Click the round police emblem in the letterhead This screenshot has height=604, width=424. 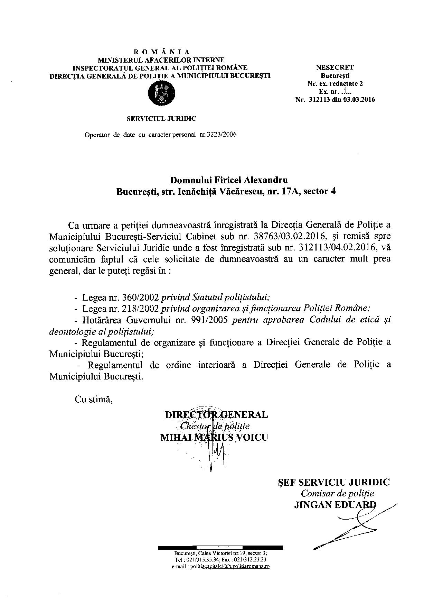coord(161,93)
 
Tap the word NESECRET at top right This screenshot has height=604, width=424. coord(335,67)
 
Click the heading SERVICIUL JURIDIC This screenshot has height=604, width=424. coord(161,119)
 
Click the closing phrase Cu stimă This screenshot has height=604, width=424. coord(94,399)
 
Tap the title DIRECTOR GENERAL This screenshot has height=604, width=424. coord(216,415)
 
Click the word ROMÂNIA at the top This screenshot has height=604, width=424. coord(161,52)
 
